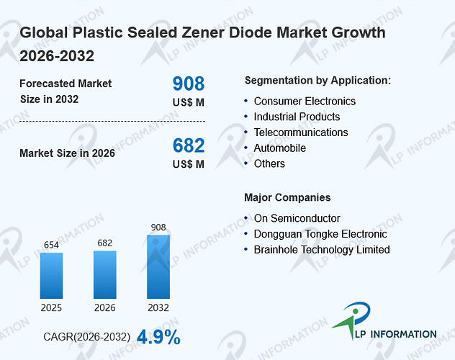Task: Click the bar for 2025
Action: [x=51, y=276]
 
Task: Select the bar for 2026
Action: [x=105, y=275]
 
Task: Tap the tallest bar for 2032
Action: [x=158, y=266]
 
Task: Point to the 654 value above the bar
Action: [x=51, y=245]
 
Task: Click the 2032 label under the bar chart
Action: [x=158, y=307]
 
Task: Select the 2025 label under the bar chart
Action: [x=51, y=307]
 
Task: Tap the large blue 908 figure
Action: [x=189, y=84]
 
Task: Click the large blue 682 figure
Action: [x=189, y=145]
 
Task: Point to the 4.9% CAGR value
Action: [x=158, y=337]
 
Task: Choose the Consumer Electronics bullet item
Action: [x=305, y=102]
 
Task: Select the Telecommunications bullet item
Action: [x=301, y=132]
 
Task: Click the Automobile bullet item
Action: [x=280, y=148]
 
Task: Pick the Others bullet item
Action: [x=269, y=164]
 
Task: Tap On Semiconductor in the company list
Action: [x=297, y=218]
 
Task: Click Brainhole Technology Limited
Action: [x=322, y=250]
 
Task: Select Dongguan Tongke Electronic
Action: [x=320, y=234]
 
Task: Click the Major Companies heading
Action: [x=287, y=197]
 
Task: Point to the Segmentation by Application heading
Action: [x=317, y=81]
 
